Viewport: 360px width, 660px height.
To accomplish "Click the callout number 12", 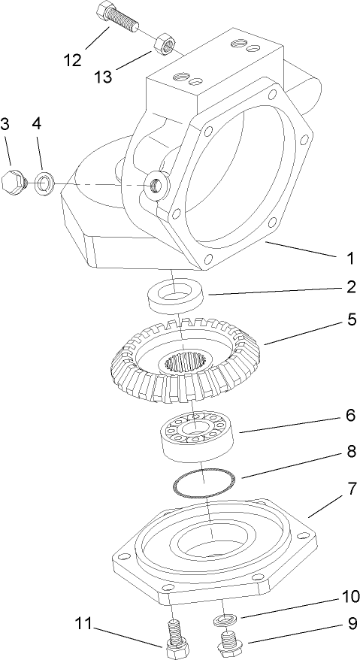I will coord(73,60).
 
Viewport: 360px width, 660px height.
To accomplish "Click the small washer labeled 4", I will coord(44,181).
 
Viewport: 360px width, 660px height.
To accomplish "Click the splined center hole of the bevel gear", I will coord(181,364).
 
